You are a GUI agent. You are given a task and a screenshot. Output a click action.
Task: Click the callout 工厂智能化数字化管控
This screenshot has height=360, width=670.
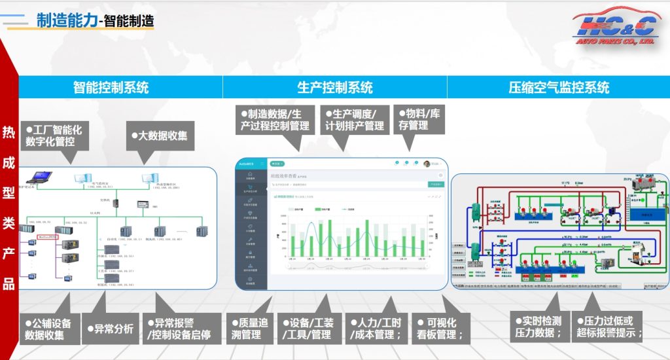tap(54, 135)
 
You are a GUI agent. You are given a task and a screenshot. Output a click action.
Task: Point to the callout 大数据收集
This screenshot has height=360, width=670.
tap(160, 136)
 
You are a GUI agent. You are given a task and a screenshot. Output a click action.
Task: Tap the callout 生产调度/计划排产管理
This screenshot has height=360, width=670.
tap(357, 119)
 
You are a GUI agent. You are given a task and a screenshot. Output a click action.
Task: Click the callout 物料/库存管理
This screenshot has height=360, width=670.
tap(421, 119)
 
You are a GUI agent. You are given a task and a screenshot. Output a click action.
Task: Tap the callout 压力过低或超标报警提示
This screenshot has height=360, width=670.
tap(608, 327)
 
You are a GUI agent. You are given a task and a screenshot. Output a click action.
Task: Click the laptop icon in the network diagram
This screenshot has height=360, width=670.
tap(40, 175)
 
